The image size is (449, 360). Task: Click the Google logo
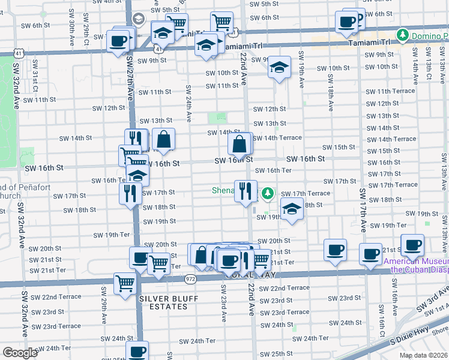pos(20,353)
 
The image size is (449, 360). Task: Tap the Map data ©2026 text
pos(423,355)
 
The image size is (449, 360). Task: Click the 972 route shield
pos(190,278)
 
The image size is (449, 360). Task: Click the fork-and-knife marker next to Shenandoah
pos(246,191)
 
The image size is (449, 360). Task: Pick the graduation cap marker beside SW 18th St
pos(292,210)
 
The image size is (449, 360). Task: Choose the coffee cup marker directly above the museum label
pos(412,245)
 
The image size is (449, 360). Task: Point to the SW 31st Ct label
pos(35,75)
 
